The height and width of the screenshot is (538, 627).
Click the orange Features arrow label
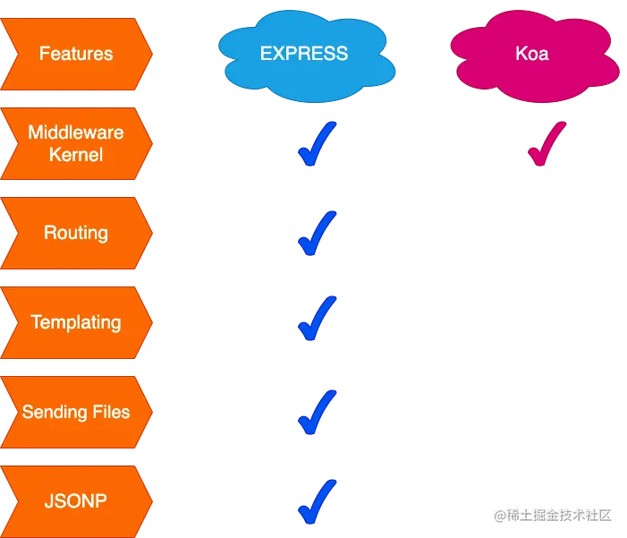click(76, 54)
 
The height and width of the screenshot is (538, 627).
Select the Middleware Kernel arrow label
click(76, 143)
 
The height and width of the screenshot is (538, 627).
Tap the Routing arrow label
click(76, 233)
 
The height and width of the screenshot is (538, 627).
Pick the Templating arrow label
click(76, 322)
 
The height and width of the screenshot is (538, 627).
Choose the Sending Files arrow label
click(76, 412)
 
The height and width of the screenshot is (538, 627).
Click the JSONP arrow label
click(76, 501)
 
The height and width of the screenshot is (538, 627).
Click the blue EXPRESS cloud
click(304, 54)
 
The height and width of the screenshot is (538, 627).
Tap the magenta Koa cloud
click(531, 54)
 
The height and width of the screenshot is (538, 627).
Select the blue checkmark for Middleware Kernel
click(316, 145)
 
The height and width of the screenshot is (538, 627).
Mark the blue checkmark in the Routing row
click(316, 234)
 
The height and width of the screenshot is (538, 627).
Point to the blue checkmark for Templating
click(316, 320)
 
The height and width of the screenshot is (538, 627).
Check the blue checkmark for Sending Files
click(316, 412)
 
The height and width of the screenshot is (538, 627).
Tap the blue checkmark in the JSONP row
click(316, 501)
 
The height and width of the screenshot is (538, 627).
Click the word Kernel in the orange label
click(76, 155)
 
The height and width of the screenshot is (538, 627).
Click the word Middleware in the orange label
click(76, 132)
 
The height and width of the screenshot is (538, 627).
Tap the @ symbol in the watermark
click(500, 515)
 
